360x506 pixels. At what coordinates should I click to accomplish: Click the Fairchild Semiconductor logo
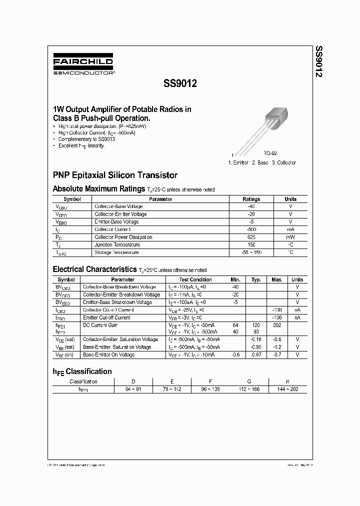click(x=83, y=65)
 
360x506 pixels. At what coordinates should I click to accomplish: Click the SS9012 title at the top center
click(x=180, y=84)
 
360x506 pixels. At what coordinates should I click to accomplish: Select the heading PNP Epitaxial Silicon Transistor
click(x=115, y=175)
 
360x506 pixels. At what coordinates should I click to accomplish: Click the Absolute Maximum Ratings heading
click(x=98, y=189)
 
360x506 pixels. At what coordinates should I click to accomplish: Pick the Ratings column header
click(x=251, y=199)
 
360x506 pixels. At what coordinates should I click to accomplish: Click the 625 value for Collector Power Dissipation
click(x=251, y=237)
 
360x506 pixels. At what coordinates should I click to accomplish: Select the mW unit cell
click(x=290, y=237)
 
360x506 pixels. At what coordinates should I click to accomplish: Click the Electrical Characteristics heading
click(x=94, y=269)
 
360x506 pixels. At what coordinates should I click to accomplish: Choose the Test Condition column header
click(x=195, y=279)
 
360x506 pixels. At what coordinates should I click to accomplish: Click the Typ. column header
click(x=256, y=279)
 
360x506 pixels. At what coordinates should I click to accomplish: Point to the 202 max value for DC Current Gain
click(x=276, y=325)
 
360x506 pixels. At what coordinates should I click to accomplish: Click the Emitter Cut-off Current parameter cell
click(x=106, y=317)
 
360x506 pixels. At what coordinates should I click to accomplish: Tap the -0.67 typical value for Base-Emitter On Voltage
click(x=256, y=354)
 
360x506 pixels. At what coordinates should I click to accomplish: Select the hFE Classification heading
click(x=82, y=371)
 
